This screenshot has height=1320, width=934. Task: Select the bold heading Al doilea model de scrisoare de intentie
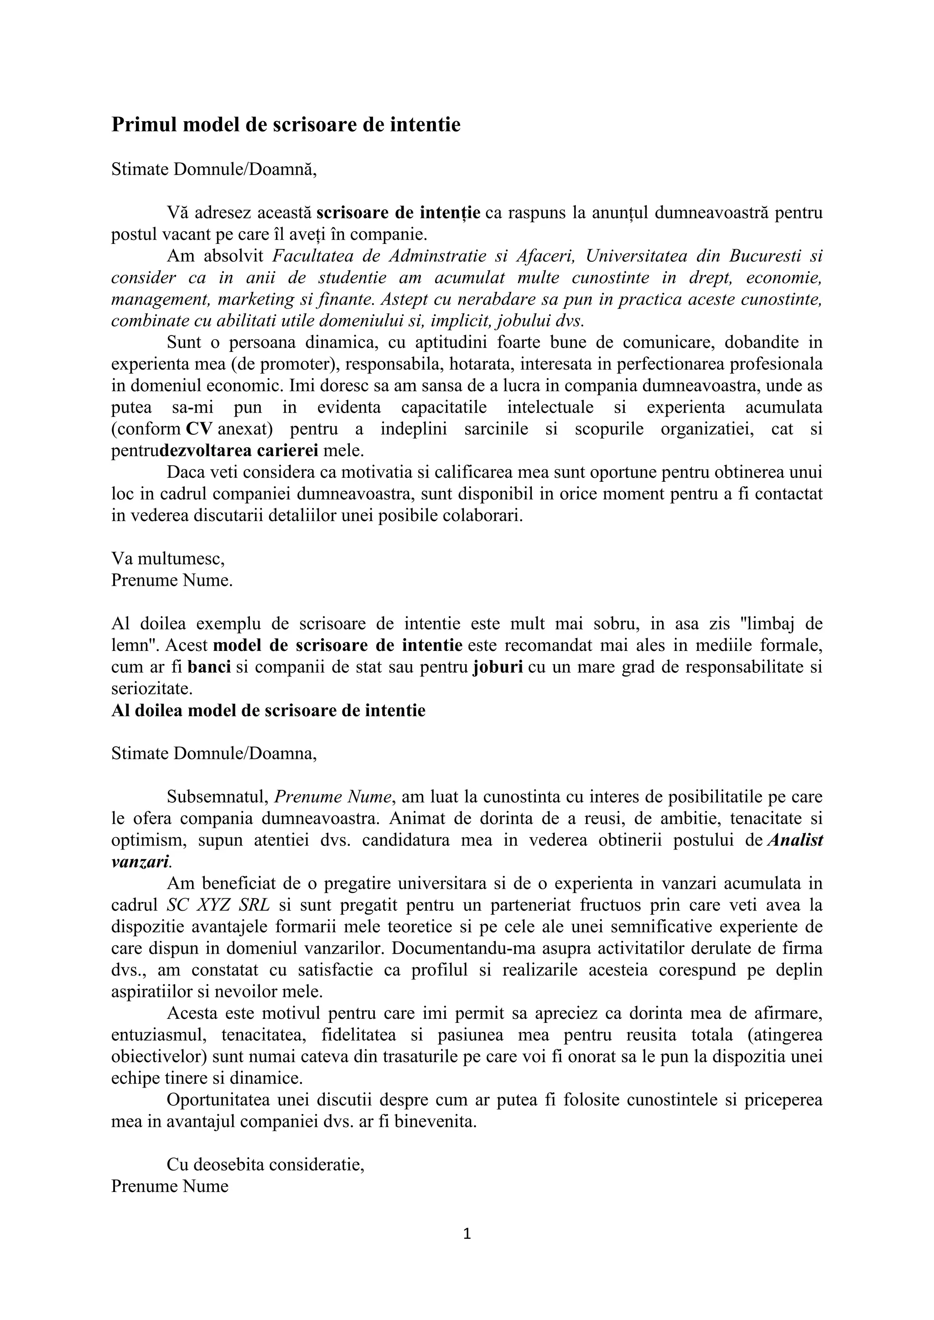click(x=268, y=711)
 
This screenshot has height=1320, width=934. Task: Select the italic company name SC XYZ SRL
click(x=218, y=906)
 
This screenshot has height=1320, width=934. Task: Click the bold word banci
click(x=209, y=667)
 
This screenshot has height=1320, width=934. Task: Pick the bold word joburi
click(x=498, y=667)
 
